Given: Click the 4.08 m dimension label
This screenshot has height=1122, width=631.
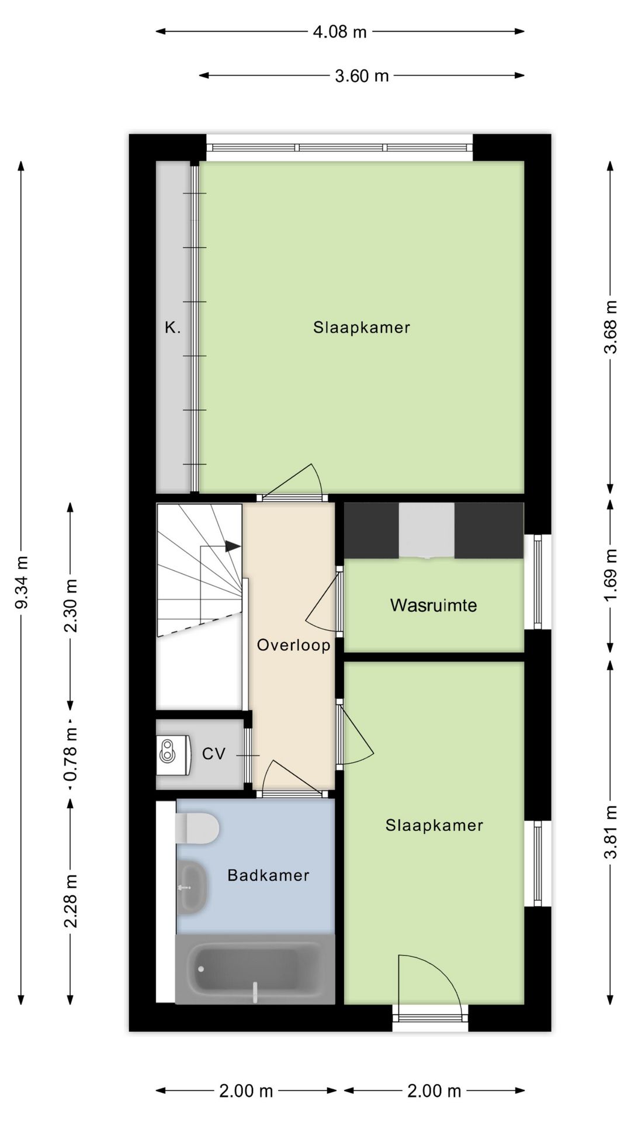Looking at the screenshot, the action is point(339,32).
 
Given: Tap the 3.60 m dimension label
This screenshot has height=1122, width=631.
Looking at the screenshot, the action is point(362,75).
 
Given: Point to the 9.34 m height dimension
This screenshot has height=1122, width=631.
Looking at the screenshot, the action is point(22,582).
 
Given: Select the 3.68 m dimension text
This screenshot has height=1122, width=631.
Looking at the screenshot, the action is point(611,327).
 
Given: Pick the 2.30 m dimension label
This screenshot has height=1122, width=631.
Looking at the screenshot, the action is point(71,606).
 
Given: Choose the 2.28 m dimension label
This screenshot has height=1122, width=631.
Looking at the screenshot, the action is point(71,901).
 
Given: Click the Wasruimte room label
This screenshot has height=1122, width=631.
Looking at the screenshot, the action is point(434,605).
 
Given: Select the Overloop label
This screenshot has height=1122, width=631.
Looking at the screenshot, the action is point(294,645).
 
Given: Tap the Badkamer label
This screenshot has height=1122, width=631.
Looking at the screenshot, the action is point(268,875).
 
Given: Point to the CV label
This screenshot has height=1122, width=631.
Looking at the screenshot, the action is point(214,754).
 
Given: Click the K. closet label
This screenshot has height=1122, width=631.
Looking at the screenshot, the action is point(172,328).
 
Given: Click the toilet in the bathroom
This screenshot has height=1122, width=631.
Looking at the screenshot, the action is point(197,828).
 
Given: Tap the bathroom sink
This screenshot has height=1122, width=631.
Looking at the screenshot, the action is point(191,886).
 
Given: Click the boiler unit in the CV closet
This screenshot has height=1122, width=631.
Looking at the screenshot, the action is point(174,755).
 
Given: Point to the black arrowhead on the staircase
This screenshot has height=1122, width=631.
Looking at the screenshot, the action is point(233,546).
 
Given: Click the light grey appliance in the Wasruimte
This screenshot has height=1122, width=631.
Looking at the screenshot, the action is point(427,531).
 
